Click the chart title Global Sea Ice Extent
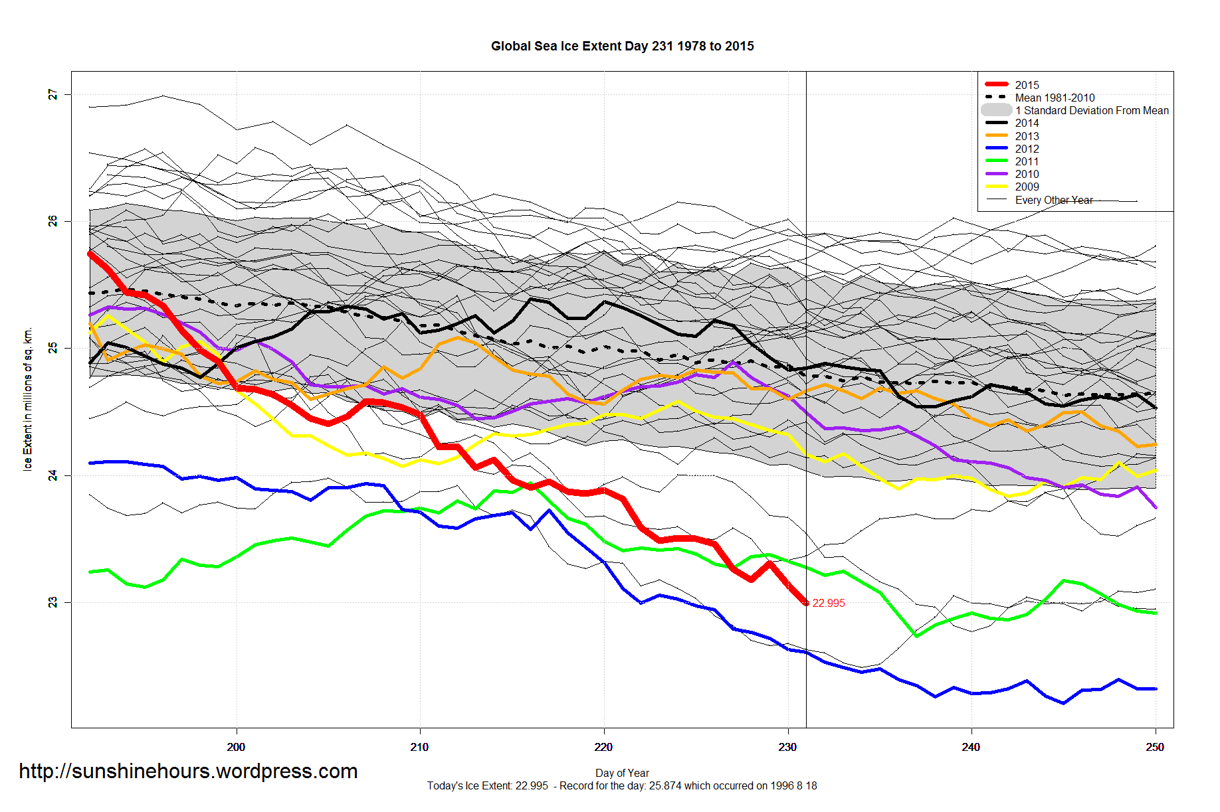pos(622,46)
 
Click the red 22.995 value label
pos(829,603)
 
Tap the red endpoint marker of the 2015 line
pos(806,603)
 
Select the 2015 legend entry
pos(1027,85)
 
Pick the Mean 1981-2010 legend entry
pos(1055,98)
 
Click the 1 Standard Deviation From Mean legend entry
pos(1092,110)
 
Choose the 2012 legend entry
pos(1027,149)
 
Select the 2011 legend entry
pos(1027,161)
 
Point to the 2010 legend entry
pos(1027,174)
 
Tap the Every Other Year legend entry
pos(1054,200)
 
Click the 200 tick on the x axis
pos(236,747)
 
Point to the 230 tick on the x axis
pos(787,747)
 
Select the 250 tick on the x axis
pos(1155,747)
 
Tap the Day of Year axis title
pos(622,773)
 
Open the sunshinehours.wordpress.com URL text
pos(188,771)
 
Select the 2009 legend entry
pos(1027,187)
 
